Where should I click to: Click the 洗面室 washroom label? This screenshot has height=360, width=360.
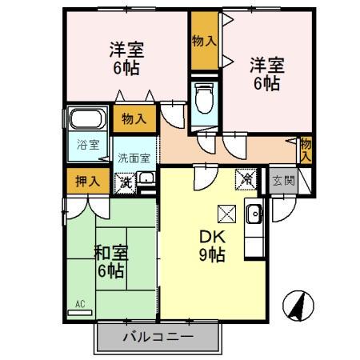pyautogui.click(x=134, y=158)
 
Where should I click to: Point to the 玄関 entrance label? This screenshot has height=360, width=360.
pyautogui.click(x=282, y=181)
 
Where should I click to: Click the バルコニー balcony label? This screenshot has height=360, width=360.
pyautogui.click(x=158, y=336)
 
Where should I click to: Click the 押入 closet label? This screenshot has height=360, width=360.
pyautogui.click(x=88, y=180)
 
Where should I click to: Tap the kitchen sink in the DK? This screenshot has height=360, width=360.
pyautogui.click(x=254, y=214)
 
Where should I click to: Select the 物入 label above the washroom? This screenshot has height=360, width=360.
pyautogui.click(x=134, y=119)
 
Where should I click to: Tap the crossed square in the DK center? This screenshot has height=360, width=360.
pyautogui.click(x=225, y=213)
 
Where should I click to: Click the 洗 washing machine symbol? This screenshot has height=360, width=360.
pyautogui.click(x=126, y=182)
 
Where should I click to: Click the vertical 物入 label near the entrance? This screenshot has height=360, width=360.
pyautogui.click(x=306, y=150)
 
